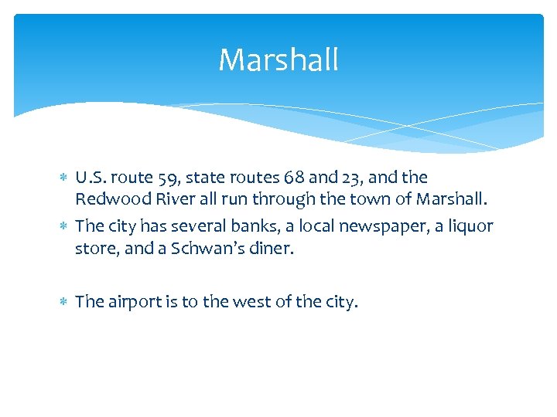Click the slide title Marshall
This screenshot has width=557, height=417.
click(x=278, y=60)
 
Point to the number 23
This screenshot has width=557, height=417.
click(x=348, y=178)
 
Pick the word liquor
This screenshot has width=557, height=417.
click(x=468, y=226)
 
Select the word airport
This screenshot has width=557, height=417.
click(x=132, y=302)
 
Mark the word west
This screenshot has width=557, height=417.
click(x=221, y=302)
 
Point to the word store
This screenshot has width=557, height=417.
click(x=94, y=249)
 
